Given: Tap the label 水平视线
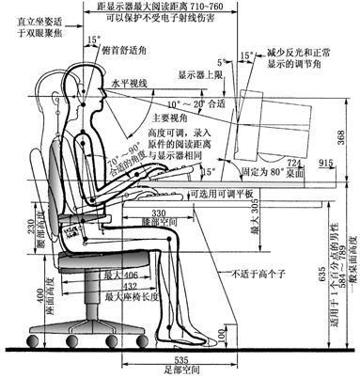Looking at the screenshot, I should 132,84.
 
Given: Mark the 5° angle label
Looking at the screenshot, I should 221,34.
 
